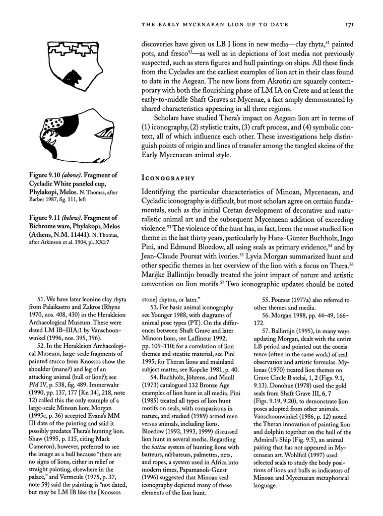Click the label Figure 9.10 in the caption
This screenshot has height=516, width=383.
point(47,175)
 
